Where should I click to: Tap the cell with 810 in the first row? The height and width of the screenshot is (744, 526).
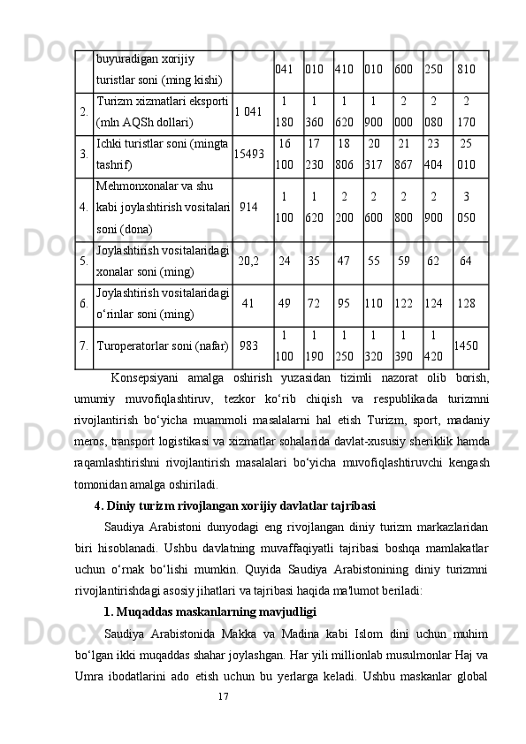467,69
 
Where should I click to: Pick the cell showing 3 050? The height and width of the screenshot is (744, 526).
467,208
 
